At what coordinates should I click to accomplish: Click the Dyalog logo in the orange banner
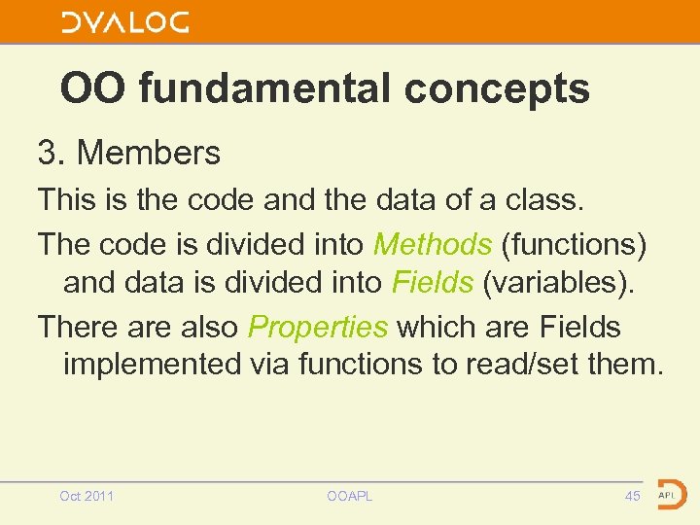click(x=125, y=22)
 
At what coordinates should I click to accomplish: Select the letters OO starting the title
click(x=94, y=88)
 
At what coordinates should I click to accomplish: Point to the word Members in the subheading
click(x=149, y=153)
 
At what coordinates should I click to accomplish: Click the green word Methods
click(x=432, y=243)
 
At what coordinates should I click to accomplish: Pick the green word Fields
click(x=433, y=282)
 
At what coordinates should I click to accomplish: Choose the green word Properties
click(x=318, y=326)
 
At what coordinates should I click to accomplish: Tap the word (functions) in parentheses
click(x=574, y=243)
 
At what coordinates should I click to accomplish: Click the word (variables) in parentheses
click(x=558, y=282)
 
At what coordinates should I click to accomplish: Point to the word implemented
click(x=151, y=365)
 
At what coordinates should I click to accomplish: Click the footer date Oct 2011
click(x=87, y=497)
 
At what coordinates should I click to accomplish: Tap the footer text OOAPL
click(x=350, y=497)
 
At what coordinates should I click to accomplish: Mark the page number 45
click(x=633, y=497)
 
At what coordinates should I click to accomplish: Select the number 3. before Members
click(x=51, y=153)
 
